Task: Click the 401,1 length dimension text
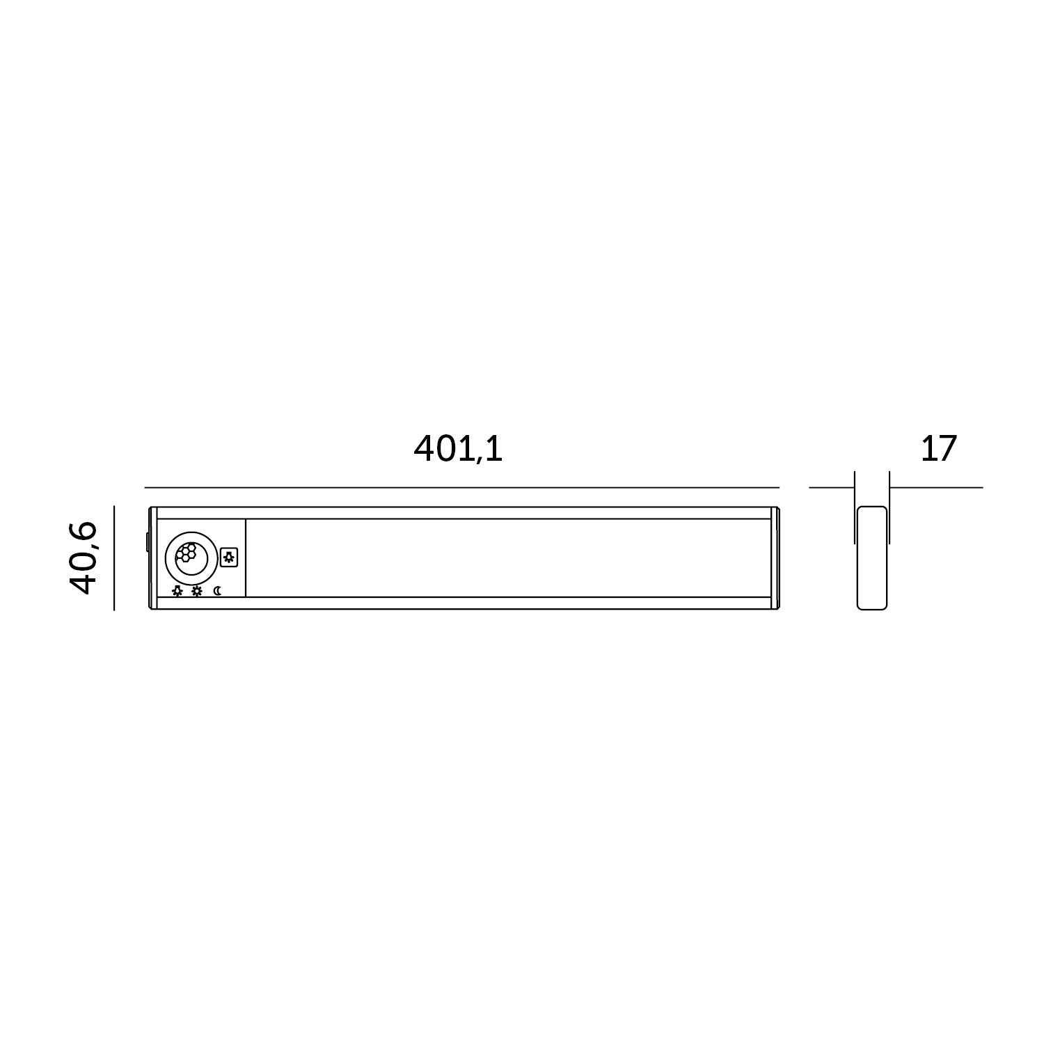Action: click(x=458, y=449)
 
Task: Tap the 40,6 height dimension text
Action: click(x=83, y=557)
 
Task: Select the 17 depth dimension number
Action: click(x=938, y=449)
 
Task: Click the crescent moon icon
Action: click(x=218, y=591)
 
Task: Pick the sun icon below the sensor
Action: click(x=197, y=591)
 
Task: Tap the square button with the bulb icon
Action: click(x=228, y=557)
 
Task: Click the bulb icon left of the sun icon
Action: click(x=177, y=591)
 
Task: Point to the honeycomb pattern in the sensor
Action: click(x=186, y=553)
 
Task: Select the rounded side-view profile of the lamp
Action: click(x=872, y=558)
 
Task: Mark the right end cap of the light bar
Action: click(x=775, y=558)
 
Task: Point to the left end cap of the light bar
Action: click(x=153, y=558)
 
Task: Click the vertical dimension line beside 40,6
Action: click(x=113, y=558)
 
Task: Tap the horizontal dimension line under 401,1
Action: click(x=461, y=487)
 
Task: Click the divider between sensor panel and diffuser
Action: click(x=246, y=558)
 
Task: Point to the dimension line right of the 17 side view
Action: click(x=936, y=487)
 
